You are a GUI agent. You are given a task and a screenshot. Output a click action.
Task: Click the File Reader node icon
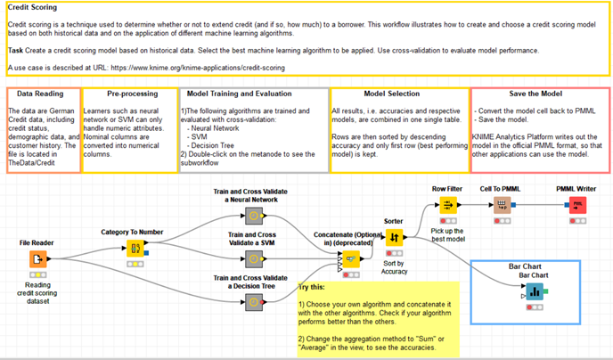coord(37,259)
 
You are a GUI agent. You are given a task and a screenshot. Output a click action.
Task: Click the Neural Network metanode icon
coord(256,215)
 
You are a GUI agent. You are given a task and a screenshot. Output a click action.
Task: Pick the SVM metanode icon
coord(256,259)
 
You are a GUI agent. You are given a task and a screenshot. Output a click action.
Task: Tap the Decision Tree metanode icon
coord(256,304)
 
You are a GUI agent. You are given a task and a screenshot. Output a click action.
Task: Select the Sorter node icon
coord(396,237)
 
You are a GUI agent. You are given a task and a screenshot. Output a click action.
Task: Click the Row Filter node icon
coord(447,205)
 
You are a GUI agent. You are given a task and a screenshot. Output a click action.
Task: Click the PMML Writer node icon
coord(577,205)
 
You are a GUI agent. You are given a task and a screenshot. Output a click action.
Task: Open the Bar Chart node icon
coord(535,291)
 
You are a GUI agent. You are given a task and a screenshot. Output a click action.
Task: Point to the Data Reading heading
coord(41,93)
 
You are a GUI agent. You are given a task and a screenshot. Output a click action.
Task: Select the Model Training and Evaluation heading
coord(252,93)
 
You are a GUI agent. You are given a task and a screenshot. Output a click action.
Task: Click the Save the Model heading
coord(539,93)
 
